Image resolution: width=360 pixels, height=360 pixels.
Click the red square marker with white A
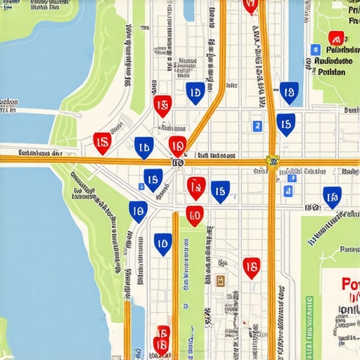[335, 39]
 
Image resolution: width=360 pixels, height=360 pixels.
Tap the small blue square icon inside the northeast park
[316, 50]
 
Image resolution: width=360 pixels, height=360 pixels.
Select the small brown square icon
[221, 281]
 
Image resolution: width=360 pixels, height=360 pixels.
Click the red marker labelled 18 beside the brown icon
[251, 266]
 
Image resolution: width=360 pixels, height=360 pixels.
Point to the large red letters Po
[349, 285]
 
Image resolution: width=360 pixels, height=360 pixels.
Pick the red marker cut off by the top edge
[250, 6]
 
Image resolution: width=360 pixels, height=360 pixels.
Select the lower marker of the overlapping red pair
[161, 345]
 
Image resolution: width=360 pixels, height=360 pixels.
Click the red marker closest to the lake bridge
[102, 142]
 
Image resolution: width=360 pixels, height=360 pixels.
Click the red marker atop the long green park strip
[194, 215]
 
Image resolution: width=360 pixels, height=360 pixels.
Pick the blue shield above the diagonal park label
[331, 197]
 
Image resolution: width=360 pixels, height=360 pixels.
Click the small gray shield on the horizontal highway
[177, 162]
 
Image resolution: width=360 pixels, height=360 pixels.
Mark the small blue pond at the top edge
[188, 8]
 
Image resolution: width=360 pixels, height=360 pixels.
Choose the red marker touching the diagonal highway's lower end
[177, 146]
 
